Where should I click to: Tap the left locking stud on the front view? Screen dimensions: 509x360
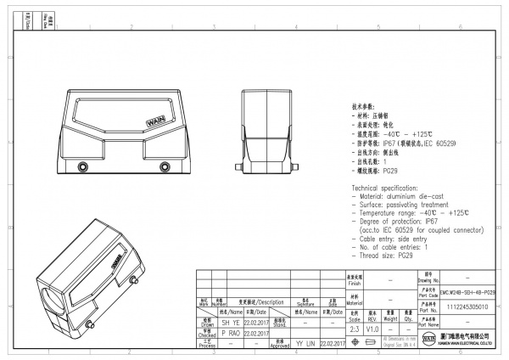[x=82, y=166]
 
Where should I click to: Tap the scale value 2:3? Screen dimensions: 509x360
[x=354, y=327]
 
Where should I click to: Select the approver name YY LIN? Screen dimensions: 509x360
[x=305, y=342]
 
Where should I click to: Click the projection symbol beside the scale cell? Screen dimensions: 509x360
[x=372, y=341]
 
